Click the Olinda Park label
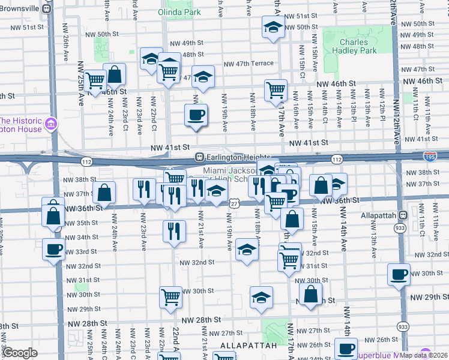coord(179,12)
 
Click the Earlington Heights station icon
coord(199,157)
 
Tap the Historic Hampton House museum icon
coord(51,125)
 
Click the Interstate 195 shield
coord(430,156)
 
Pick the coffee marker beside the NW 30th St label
coord(399,275)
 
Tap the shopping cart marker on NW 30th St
coord(171,296)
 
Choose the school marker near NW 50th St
coord(273,27)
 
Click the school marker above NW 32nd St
coord(246,249)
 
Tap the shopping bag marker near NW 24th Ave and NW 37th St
coord(104,193)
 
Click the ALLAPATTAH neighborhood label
coord(249,346)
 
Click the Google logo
coord(20,353)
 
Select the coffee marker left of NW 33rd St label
coord(53,249)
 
